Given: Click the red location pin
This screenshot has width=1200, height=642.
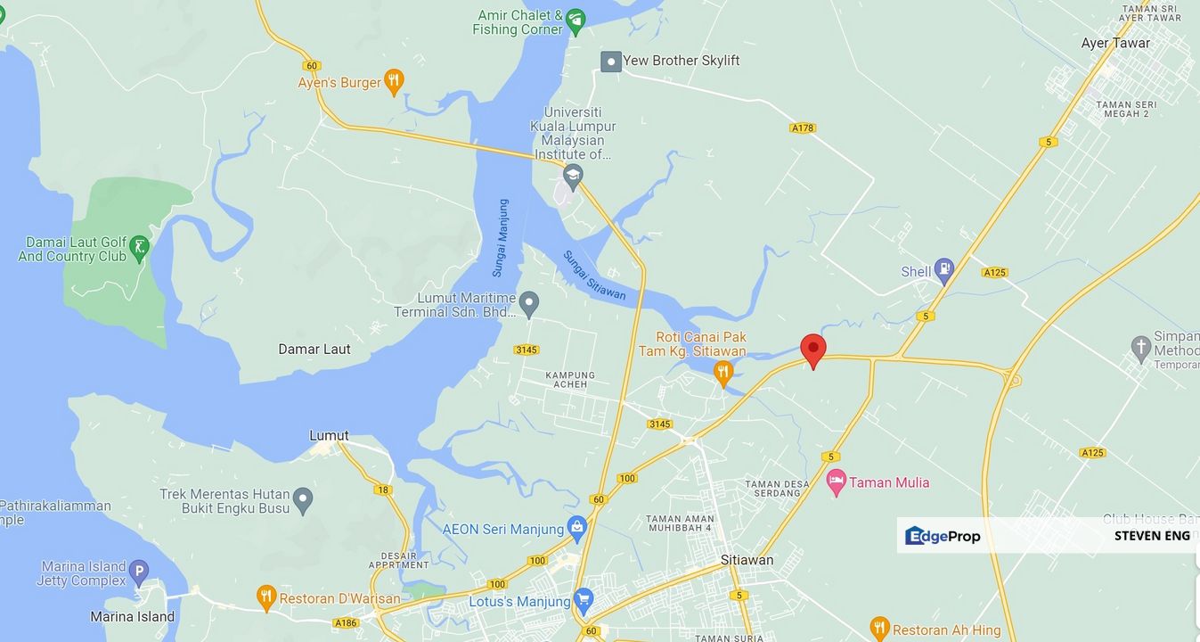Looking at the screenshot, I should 812,350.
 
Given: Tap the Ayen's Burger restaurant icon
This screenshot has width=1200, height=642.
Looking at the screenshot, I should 394,82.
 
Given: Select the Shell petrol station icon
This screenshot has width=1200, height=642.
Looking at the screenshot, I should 943,270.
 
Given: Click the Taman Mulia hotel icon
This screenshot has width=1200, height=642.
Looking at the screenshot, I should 836,482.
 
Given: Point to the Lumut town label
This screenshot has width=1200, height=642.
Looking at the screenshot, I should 329,436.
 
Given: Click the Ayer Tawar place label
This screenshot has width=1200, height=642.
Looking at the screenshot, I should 1115,43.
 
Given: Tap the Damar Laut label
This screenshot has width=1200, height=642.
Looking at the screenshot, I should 314,349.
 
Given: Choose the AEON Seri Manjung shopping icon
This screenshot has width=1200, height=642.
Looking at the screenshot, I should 577,528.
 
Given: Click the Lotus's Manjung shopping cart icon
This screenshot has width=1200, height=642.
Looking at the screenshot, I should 584,600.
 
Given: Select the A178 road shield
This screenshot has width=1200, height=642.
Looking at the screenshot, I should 803,128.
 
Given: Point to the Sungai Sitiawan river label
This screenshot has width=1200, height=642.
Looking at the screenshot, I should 594,275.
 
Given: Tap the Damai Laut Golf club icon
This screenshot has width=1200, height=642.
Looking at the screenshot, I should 139,248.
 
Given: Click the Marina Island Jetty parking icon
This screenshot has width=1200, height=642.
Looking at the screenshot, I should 138,572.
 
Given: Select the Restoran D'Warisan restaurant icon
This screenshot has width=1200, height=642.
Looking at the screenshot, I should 265,597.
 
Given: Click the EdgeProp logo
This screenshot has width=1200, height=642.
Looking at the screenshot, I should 943,536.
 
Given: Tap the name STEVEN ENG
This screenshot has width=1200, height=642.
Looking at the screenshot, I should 1152,536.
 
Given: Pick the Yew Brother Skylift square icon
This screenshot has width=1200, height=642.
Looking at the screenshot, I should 610,62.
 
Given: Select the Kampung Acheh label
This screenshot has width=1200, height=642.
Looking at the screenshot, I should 567,379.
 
